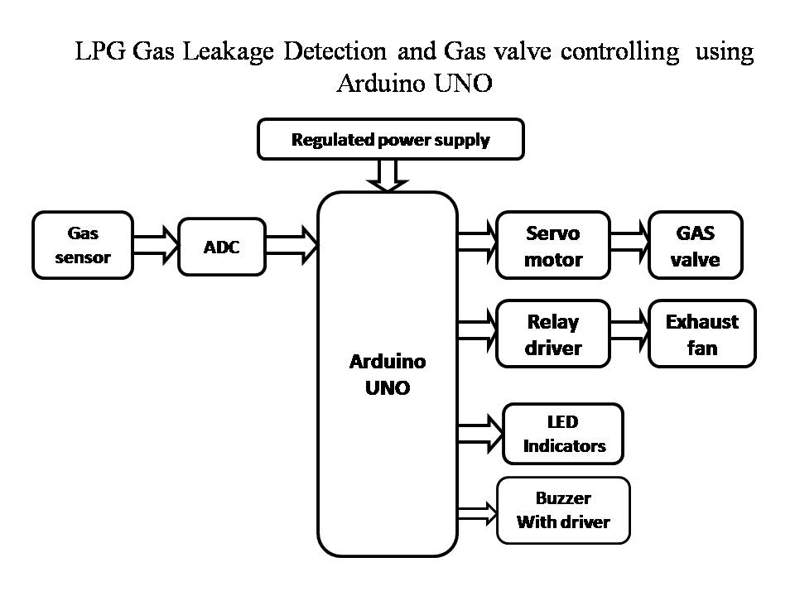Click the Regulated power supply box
coord(390,139)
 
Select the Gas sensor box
coord(83,245)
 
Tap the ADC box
coord(222,247)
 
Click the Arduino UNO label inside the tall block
coord(388,374)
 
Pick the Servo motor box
coord(553,246)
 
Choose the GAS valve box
coord(696,246)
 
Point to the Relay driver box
coord(553,334)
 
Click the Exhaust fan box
coord(702,334)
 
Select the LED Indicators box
coord(563,434)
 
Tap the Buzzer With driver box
coord(563,510)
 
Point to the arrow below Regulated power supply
coord(388,175)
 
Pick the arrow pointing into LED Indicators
coord(480,426)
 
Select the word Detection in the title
coord(335,52)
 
